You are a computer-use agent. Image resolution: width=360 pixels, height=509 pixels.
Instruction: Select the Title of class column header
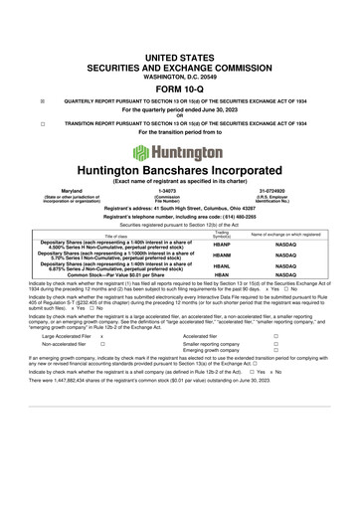click(x=96, y=235)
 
